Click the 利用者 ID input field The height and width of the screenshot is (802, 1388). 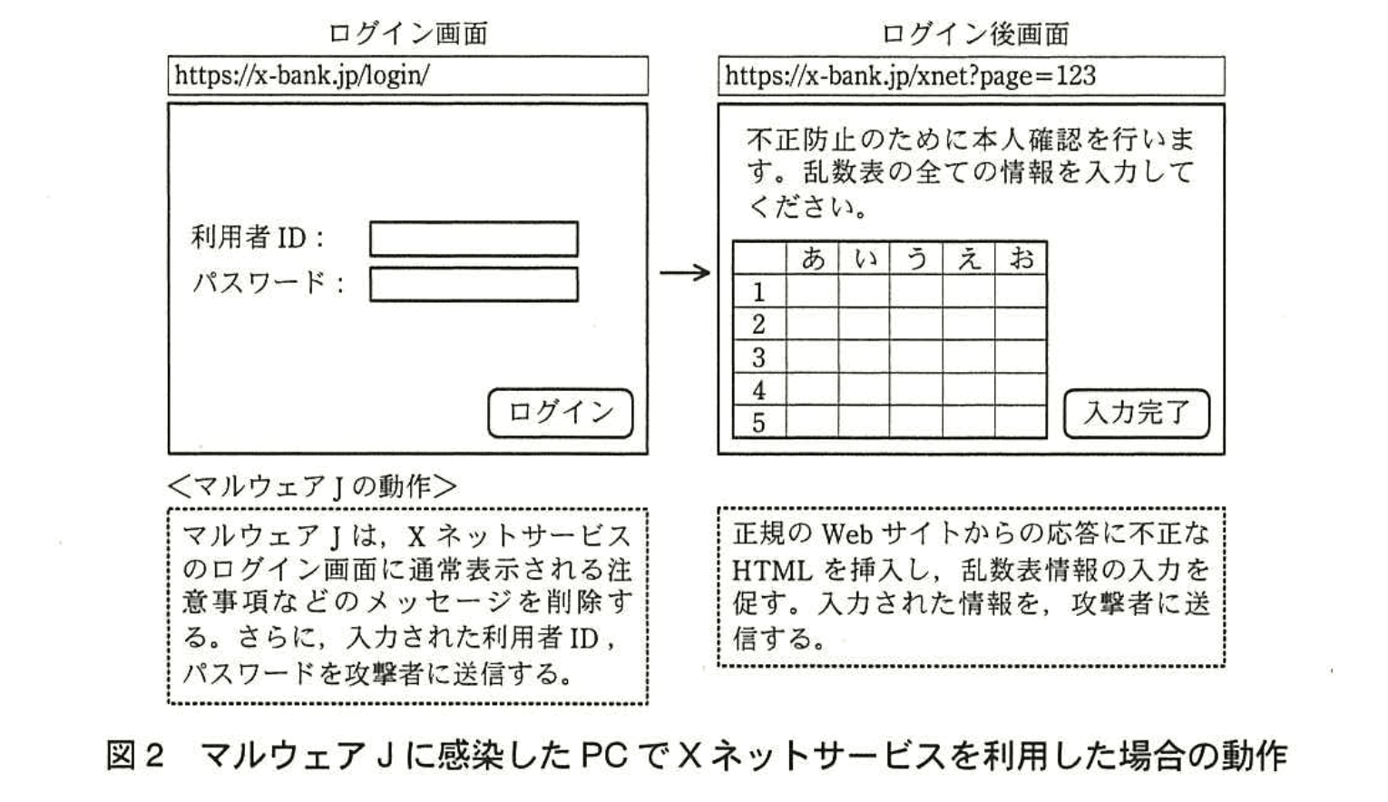coord(474,240)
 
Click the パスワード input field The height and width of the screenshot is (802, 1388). coord(474,285)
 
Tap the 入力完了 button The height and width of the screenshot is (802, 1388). coord(1136,414)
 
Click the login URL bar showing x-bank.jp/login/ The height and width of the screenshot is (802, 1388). coord(407,75)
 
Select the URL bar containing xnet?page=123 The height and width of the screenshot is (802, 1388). coord(971,75)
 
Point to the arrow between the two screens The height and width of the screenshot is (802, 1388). coord(684,272)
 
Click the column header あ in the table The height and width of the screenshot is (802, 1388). coord(813,259)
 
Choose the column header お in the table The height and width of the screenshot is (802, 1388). coord(1021,259)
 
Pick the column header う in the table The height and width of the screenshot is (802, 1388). coord(916,259)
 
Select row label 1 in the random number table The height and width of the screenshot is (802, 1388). coord(758,292)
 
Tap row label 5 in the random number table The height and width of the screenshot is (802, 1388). coord(758,423)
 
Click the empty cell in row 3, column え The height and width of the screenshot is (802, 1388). coord(969,357)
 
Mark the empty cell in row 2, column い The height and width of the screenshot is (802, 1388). coord(864,325)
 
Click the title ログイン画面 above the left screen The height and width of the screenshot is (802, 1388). coord(407,34)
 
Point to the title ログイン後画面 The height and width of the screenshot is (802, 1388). coord(974,34)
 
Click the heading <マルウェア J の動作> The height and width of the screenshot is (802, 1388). coord(313,486)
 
